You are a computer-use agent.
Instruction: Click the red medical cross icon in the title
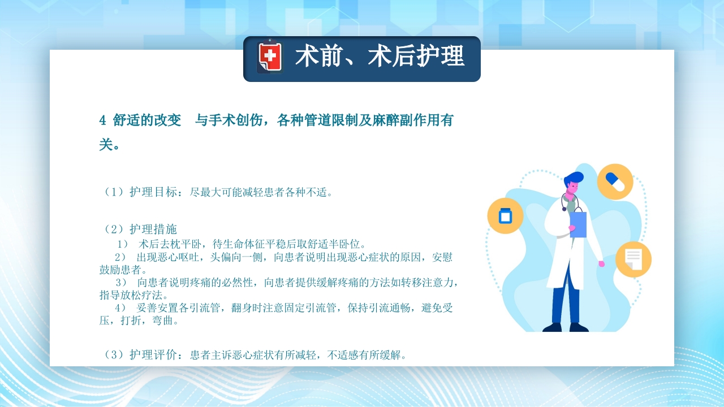[270, 57]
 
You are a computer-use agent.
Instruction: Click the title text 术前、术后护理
[379, 57]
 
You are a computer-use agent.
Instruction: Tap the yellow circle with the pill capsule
[615, 181]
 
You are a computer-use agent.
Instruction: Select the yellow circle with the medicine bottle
[505, 216]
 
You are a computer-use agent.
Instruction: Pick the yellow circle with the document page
[633, 259]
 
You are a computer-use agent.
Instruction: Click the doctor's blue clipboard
[578, 223]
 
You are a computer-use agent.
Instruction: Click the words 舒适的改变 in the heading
[147, 120]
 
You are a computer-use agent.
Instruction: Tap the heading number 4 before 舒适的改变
[102, 120]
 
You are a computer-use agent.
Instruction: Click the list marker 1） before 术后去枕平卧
[123, 245]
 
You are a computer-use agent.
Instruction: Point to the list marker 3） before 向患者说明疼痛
[121, 282]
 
